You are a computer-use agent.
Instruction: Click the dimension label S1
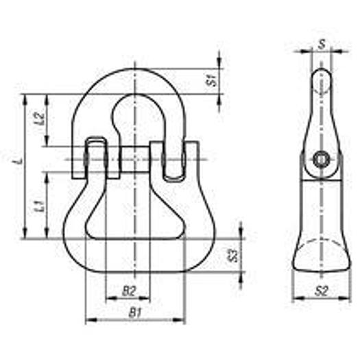click(213, 80)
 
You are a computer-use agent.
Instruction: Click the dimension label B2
click(128, 291)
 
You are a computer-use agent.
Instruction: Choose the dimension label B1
click(135, 313)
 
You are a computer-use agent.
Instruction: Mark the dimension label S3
click(233, 256)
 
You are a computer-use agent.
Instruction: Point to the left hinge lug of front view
click(96, 158)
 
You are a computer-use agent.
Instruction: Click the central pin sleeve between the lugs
click(136, 159)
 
